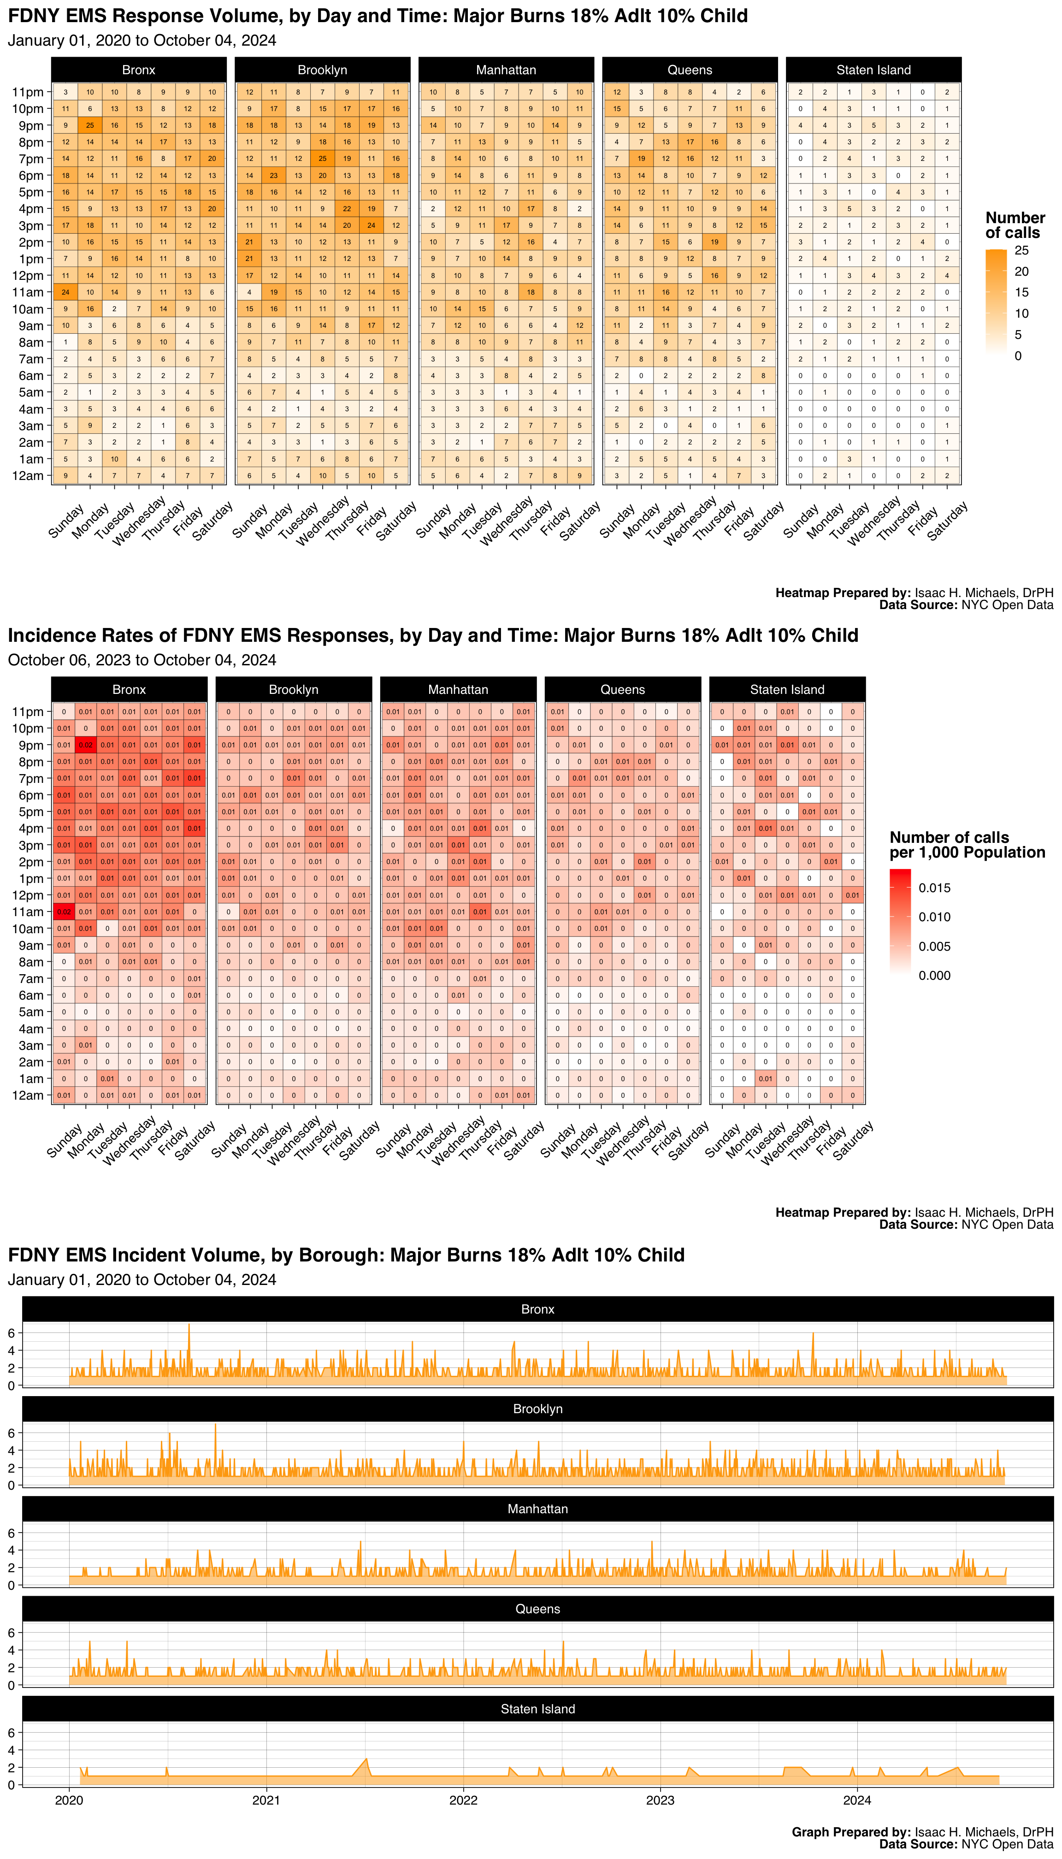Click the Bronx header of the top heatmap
pos(139,70)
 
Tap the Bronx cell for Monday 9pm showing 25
pos(90,125)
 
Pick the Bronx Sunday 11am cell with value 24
pos(65,292)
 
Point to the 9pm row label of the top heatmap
pos(28,125)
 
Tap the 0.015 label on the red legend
pos(934,888)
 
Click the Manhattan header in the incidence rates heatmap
pos(458,689)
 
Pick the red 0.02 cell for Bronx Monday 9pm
pos(86,745)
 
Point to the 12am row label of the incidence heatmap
pos(28,1095)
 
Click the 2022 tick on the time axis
pos(463,1800)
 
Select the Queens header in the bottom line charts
pos(537,1609)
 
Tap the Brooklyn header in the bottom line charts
pos(537,1409)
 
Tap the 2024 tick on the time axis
pos(857,1800)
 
